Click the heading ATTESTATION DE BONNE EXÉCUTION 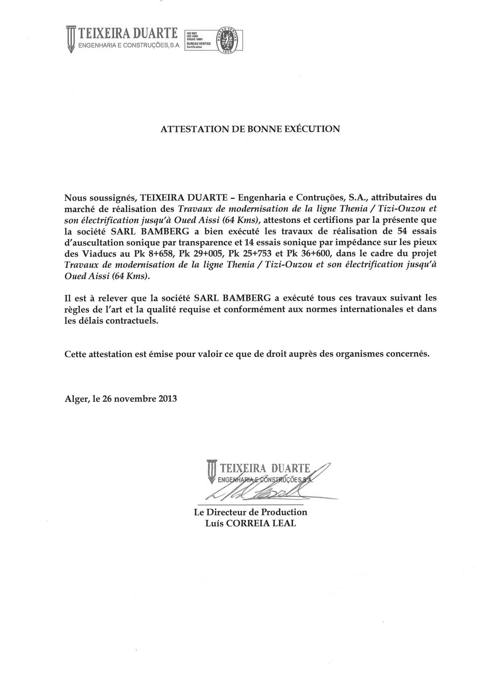250,129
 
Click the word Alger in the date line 75,399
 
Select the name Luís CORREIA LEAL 251,523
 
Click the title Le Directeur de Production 251,512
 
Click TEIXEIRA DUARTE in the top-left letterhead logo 128,34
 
